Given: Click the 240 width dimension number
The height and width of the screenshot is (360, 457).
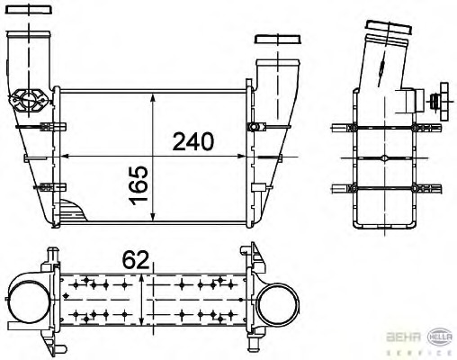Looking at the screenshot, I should coord(193,141).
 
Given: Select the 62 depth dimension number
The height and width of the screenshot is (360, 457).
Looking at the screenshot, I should coord(135,261).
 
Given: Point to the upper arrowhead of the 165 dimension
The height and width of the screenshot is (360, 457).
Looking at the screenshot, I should coord(156,94).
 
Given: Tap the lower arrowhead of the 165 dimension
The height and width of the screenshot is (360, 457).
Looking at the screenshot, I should coord(156,220).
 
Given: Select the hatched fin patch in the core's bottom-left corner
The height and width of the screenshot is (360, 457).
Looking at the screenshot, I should coord(74,215).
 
